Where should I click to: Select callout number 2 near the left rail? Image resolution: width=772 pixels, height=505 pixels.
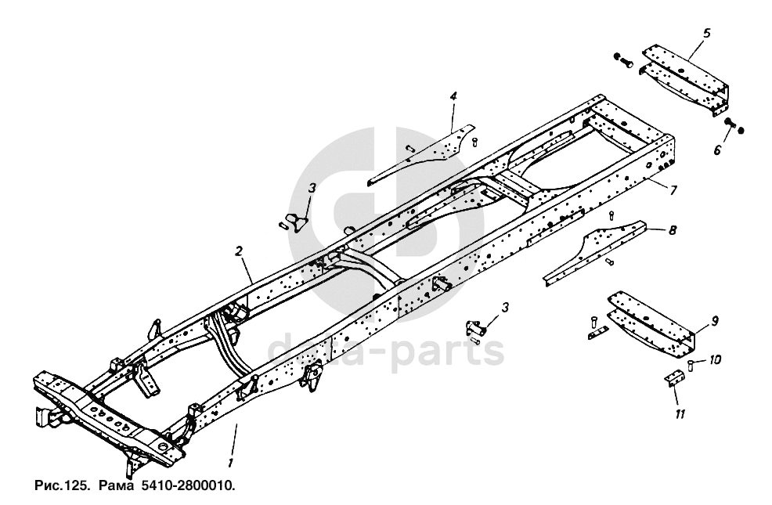coord(238,251)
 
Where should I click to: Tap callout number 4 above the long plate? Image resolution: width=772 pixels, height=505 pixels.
coord(453,96)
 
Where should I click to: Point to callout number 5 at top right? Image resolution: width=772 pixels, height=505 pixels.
coord(706,34)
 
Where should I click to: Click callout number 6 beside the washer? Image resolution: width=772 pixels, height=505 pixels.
coord(717,150)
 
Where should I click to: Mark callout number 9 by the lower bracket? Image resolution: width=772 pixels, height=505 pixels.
coord(714,320)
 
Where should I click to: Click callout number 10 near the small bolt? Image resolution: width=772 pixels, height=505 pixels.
coord(716,361)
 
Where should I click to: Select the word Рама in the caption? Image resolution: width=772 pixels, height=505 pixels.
coord(112,486)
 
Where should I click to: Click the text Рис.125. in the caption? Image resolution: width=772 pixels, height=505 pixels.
coord(61,486)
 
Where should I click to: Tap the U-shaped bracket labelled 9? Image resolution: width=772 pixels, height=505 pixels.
coord(650,321)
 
